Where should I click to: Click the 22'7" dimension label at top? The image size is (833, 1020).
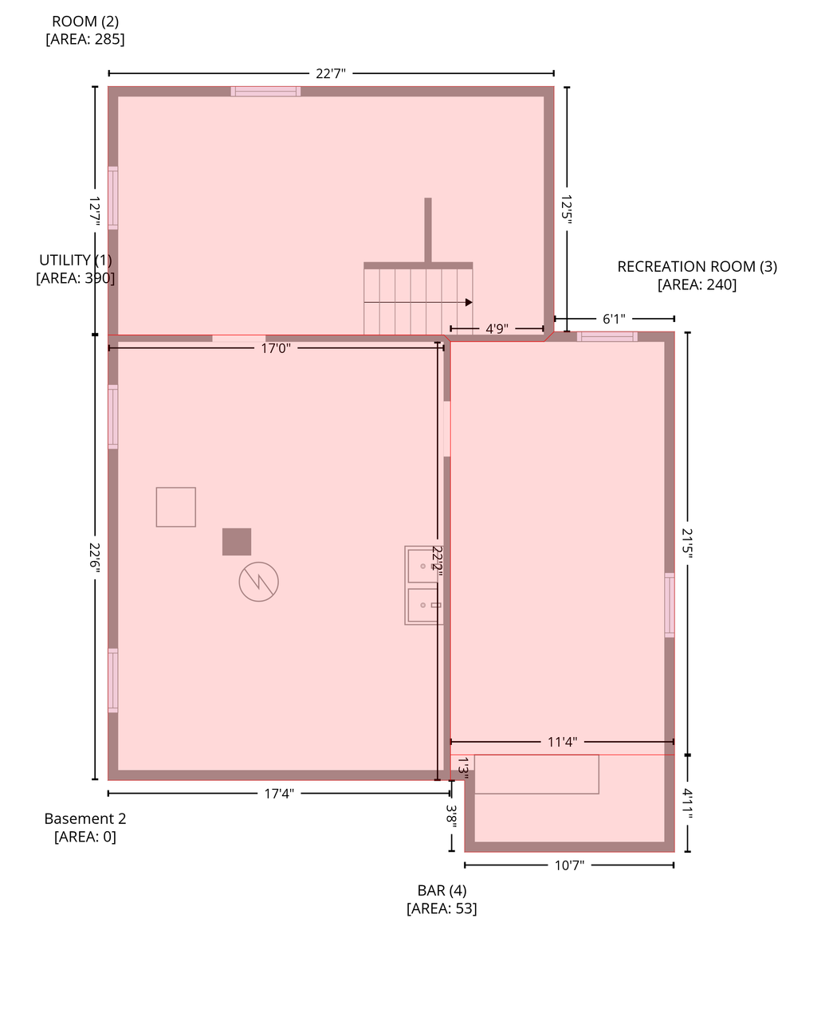(x=330, y=73)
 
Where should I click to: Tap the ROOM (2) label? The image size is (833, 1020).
(x=85, y=22)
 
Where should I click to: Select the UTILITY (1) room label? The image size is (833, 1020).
(x=76, y=261)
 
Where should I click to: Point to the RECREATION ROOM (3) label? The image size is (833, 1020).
(x=697, y=266)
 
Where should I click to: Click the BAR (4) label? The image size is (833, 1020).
(x=442, y=890)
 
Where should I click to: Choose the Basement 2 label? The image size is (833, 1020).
(x=85, y=818)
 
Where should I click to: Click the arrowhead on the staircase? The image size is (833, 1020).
(x=468, y=302)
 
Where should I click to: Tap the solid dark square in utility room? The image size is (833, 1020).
(x=237, y=542)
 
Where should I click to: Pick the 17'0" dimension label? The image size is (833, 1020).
(x=276, y=348)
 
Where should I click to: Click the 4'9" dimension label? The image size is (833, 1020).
(x=497, y=329)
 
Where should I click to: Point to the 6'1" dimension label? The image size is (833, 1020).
(x=614, y=319)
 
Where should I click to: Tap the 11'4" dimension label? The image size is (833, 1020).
(x=562, y=742)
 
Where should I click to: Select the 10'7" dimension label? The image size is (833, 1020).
(x=569, y=865)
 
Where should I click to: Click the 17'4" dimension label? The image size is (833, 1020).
(x=279, y=794)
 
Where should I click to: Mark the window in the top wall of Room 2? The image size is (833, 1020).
(x=265, y=92)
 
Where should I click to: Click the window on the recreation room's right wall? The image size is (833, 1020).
(x=669, y=605)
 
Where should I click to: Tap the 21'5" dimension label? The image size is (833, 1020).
(x=687, y=543)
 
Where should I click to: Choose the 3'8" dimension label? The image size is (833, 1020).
(x=451, y=816)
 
